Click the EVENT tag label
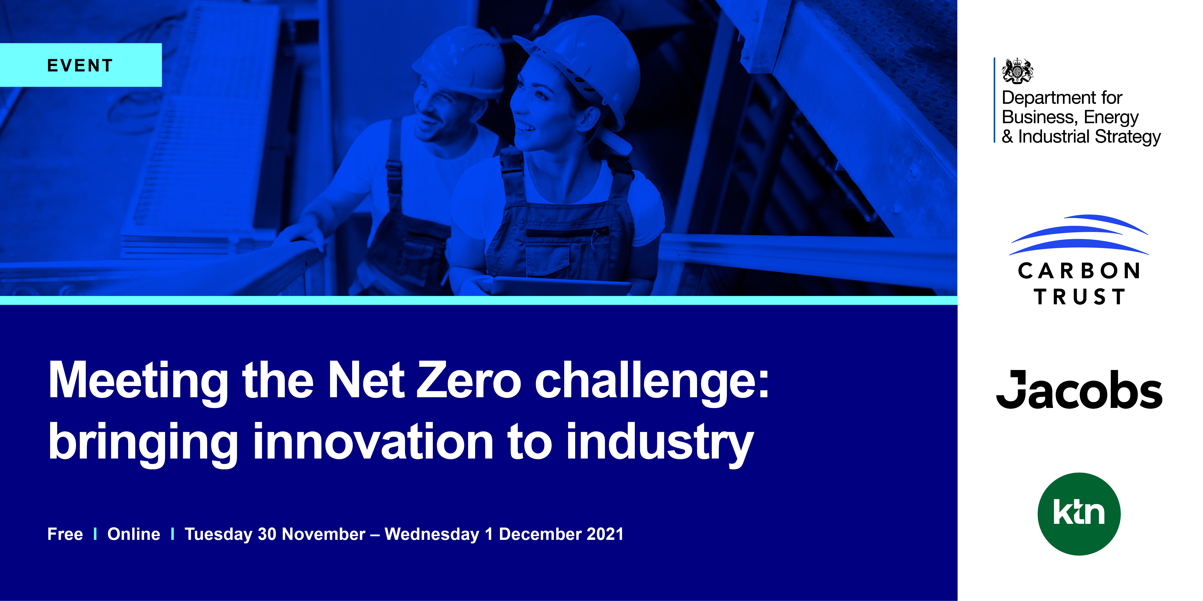80,65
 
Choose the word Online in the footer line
134,534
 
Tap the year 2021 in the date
605,534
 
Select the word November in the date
324,534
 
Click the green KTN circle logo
1079,514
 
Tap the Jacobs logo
1079,390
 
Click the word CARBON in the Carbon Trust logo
1079,271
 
